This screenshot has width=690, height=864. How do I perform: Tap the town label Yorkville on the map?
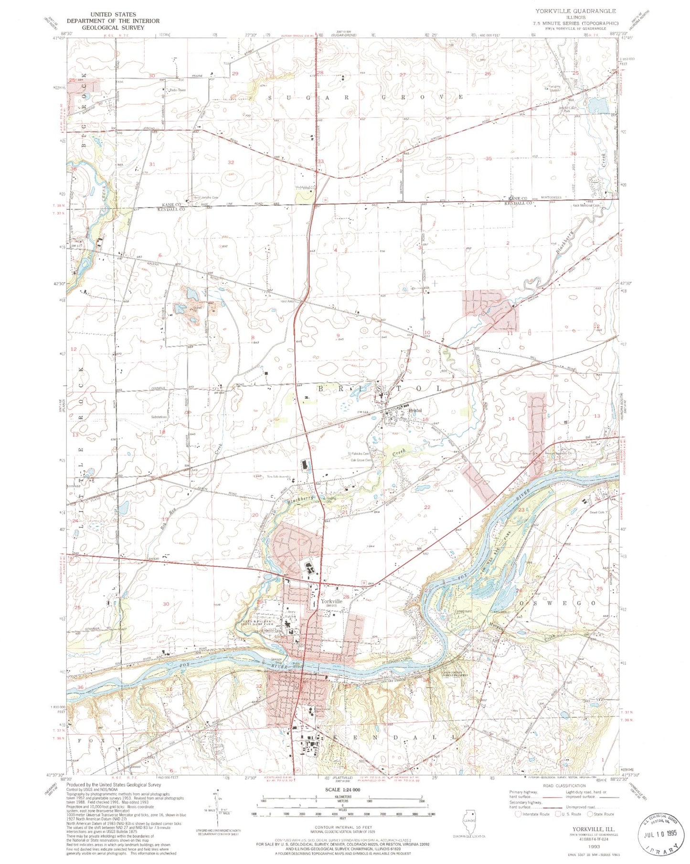pos(331,601)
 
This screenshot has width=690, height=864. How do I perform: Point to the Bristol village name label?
pos(414,410)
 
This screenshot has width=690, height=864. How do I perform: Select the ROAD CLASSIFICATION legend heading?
pos(564,785)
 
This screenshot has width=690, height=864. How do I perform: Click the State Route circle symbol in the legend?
pos(590,814)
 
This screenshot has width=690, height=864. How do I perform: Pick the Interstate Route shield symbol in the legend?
pos(519,814)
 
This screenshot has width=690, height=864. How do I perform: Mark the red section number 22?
pos(427,507)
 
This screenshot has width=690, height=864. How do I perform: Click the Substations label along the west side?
pos(159,417)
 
